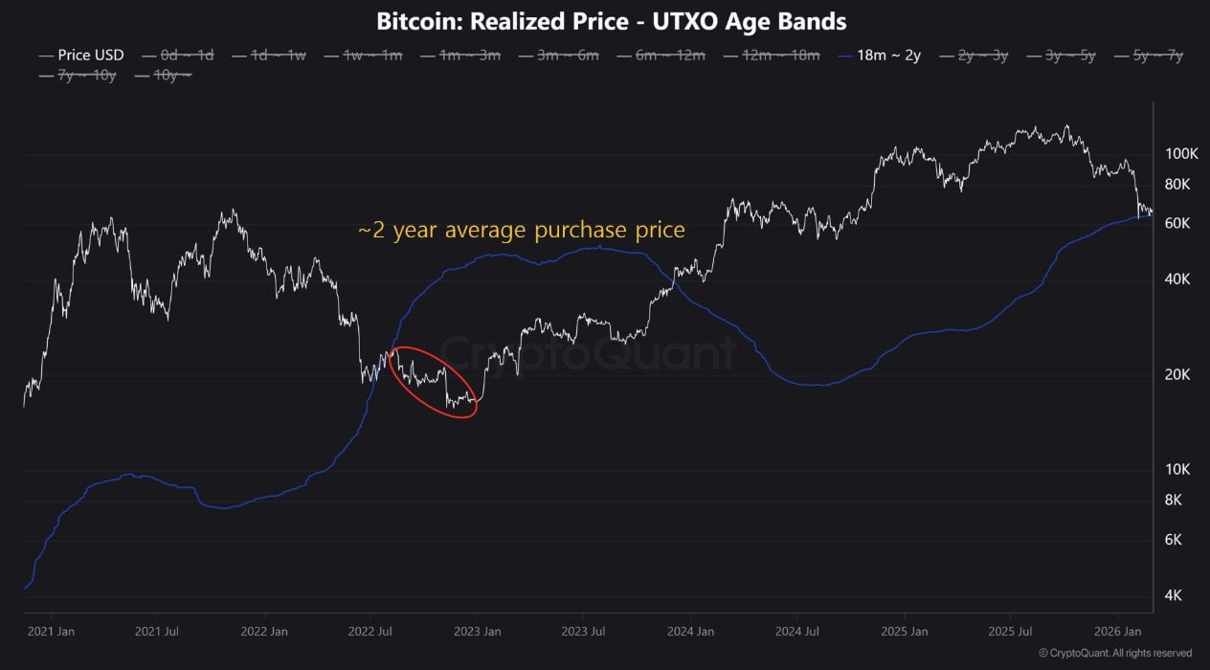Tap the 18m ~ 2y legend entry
click(885, 56)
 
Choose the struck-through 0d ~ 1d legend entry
click(186, 56)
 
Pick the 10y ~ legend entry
click(172, 75)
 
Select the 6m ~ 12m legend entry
click(670, 56)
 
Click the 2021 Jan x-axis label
click(52, 632)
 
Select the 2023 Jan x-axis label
click(477, 632)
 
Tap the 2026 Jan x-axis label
click(1117, 632)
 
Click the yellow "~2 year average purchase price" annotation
click(522, 231)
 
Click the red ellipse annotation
click(435, 382)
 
